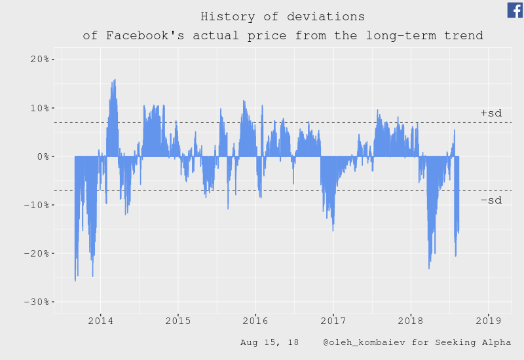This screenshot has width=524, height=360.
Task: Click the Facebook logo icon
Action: coord(515,10)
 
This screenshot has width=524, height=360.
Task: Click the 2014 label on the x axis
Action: coord(100,321)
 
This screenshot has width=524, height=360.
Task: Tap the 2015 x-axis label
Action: coord(178,321)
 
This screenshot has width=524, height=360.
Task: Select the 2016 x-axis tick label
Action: coord(255,321)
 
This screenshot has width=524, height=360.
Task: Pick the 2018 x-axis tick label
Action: coord(411,321)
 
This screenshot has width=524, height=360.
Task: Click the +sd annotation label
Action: coord(491,114)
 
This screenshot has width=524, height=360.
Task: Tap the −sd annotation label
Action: coord(491,200)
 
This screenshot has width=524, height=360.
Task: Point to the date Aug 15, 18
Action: coord(269,342)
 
